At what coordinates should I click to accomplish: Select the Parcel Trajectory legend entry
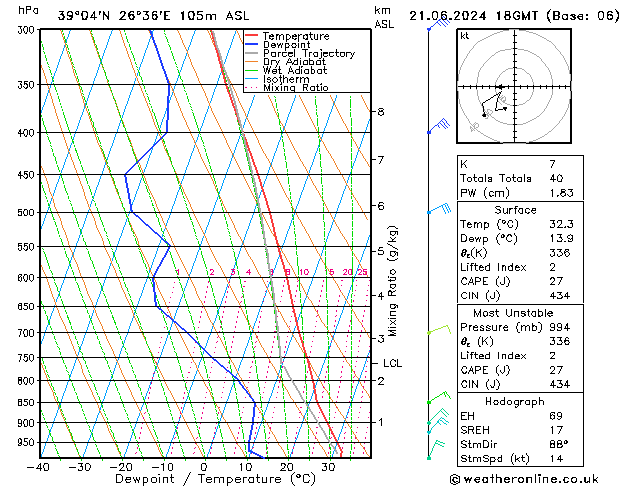[x=308, y=54]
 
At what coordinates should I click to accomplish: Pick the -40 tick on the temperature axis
[x=40, y=467]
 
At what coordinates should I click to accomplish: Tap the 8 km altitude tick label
[x=380, y=111]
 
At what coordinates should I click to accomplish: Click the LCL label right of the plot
[x=392, y=364]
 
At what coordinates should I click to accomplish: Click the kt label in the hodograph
[x=465, y=35]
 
